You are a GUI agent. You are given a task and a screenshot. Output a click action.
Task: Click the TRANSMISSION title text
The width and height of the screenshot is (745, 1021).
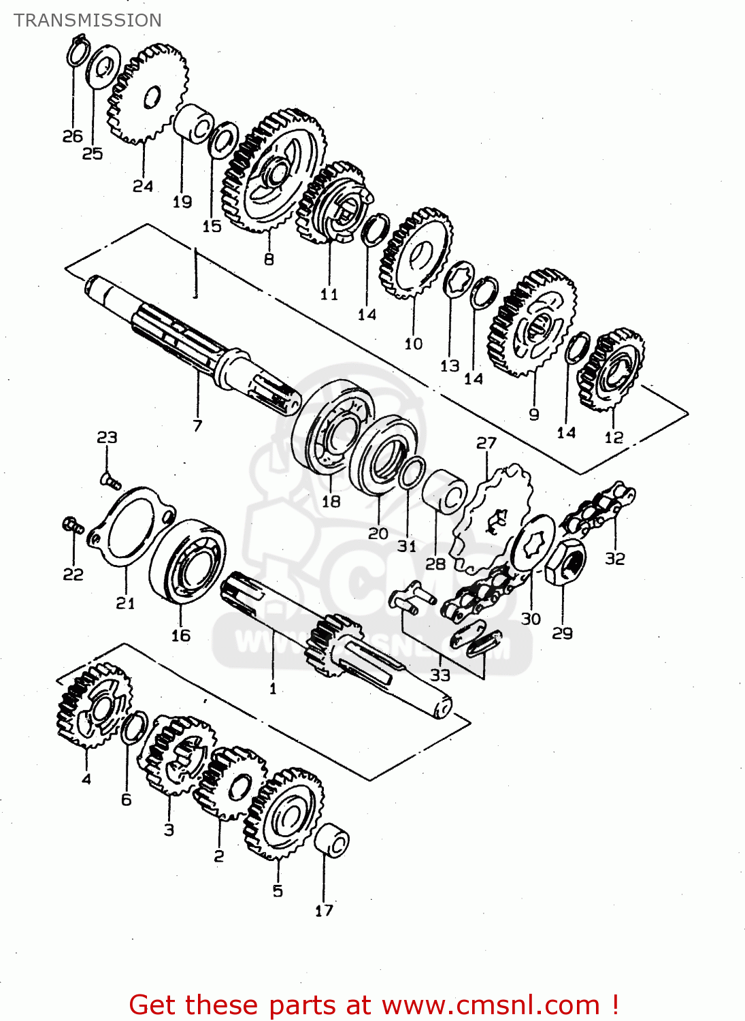click(88, 20)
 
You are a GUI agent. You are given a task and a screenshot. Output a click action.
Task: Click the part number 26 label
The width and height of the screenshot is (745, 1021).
click(72, 136)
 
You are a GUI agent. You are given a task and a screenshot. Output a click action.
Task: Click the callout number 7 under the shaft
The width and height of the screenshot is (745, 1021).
click(197, 426)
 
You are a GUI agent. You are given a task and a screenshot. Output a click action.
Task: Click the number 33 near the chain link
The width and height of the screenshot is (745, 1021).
click(440, 675)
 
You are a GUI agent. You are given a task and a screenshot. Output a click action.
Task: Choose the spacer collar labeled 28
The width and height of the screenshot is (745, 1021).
click(446, 491)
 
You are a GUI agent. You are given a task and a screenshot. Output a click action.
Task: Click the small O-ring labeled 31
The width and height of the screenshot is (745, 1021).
click(411, 472)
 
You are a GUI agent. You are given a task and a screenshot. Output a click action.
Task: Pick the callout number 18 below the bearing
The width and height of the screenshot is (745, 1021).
click(331, 502)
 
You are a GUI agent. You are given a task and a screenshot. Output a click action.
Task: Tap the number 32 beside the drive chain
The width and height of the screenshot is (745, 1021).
click(614, 559)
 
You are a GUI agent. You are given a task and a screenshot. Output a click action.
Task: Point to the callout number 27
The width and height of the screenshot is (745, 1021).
click(486, 443)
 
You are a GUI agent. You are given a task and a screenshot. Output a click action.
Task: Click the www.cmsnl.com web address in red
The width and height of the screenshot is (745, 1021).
click(491, 1005)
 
